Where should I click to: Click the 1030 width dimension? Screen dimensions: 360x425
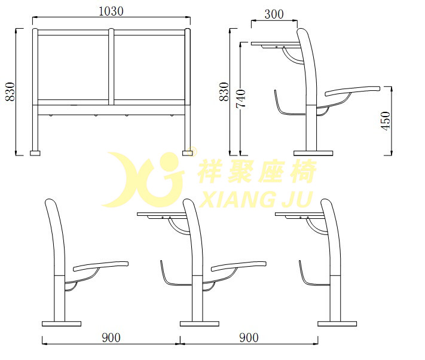[111, 10]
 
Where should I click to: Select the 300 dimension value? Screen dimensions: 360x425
[273, 14]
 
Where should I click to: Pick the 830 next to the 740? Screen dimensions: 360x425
[224, 91]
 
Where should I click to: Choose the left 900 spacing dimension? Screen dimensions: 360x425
[111, 338]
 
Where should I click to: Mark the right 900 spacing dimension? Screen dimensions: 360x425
[249, 338]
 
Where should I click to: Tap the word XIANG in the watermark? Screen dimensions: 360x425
[234, 198]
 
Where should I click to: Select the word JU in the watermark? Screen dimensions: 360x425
[299, 198]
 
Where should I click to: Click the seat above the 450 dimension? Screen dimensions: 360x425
[353, 91]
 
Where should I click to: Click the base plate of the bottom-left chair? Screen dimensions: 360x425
[62, 324]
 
